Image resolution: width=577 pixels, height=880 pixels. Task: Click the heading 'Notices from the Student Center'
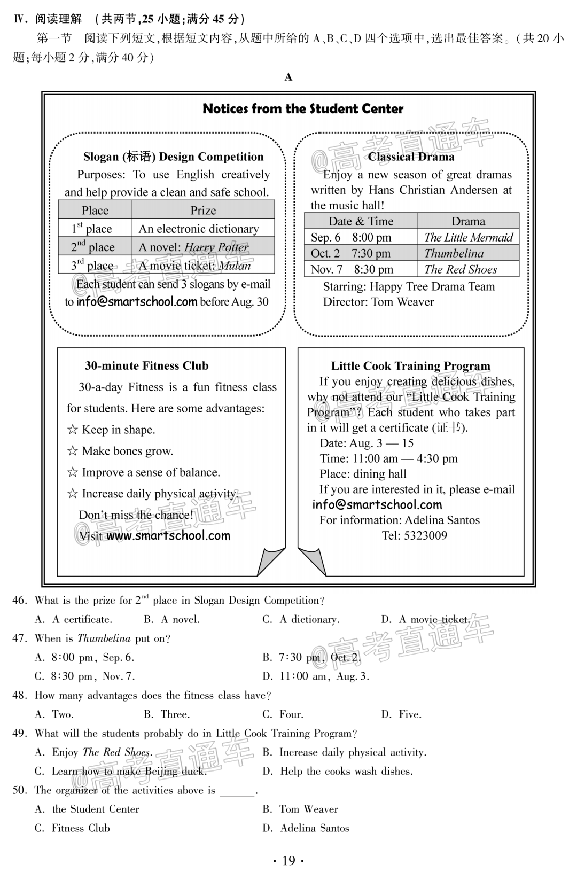pos(303,109)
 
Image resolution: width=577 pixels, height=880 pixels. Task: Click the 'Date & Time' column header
pos(361,221)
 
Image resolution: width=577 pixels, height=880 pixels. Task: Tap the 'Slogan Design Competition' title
pos(173,157)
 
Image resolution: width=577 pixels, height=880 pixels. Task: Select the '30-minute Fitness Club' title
pos(146,366)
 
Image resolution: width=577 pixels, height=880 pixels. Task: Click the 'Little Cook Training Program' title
pos(410,366)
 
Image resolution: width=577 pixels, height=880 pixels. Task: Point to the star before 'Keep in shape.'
pos(72,430)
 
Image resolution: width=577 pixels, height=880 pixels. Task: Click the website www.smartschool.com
pos(168,536)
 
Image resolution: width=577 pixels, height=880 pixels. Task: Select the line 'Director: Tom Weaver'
pos(378,302)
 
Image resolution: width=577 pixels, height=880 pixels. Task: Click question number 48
pos(19,696)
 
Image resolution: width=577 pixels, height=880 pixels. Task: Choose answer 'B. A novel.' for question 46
pos(172,620)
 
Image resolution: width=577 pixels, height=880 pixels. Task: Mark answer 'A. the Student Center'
pos(87,809)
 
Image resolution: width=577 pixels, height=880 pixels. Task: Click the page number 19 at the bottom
pos(288,861)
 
